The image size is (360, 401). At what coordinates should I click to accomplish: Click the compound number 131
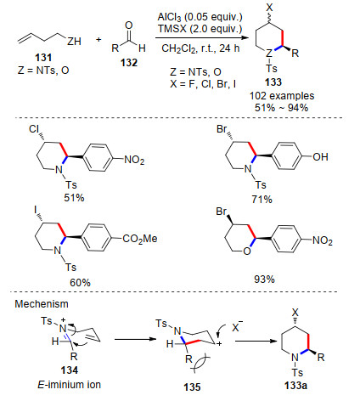[x=43, y=58]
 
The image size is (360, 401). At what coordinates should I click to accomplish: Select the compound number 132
[x=129, y=63]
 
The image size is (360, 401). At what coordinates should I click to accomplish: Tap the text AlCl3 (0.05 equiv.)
[x=200, y=17]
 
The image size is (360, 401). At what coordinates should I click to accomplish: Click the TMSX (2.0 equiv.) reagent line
[x=200, y=29]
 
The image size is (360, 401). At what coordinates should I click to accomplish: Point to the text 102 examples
[x=282, y=96]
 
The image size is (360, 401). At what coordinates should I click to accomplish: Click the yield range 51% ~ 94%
[x=281, y=108]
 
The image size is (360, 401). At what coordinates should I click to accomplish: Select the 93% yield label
[x=264, y=280]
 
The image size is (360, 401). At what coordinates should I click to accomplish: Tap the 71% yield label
[x=262, y=200]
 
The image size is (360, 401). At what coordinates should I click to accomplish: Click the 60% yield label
[x=80, y=282]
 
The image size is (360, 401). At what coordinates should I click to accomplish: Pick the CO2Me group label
[x=140, y=239]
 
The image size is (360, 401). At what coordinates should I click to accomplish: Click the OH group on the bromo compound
[x=320, y=157]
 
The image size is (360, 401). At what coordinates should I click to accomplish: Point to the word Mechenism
[x=42, y=304]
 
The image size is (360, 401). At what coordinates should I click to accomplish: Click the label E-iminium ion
[x=69, y=385]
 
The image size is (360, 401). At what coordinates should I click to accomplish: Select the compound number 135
[x=192, y=387]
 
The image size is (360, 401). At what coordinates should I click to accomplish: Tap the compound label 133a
[x=295, y=386]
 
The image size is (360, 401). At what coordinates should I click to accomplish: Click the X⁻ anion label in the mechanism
[x=237, y=326]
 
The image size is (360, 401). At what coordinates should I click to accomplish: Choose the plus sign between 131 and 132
[x=98, y=39]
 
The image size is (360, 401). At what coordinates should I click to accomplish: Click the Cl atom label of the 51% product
[x=33, y=129]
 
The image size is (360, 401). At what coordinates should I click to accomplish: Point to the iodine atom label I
[x=36, y=210]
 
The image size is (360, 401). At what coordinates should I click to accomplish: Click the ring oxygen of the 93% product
[x=247, y=251]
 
